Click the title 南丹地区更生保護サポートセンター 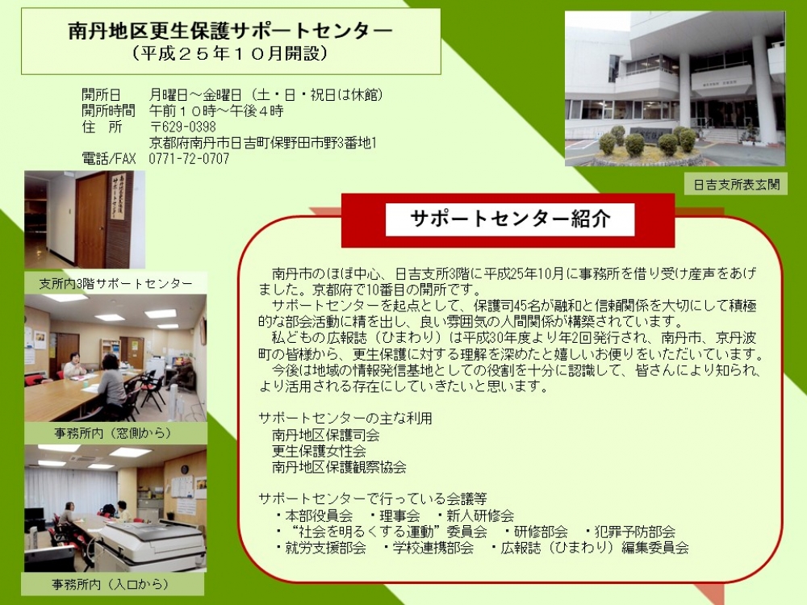(x=230, y=31)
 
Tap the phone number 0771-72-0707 (x=189, y=159)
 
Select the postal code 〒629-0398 (x=182, y=127)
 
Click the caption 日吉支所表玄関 (x=736, y=185)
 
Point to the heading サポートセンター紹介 (x=510, y=219)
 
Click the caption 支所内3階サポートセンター (x=115, y=283)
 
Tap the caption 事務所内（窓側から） (x=113, y=433)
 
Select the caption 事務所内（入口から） (x=110, y=584)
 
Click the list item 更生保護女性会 (x=319, y=451)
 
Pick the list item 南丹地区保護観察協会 (x=339, y=467)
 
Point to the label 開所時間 (x=108, y=111)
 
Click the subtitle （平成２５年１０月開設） (x=230, y=53)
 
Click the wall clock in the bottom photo (x=185, y=469)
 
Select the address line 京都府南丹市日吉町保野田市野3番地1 (x=263, y=143)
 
